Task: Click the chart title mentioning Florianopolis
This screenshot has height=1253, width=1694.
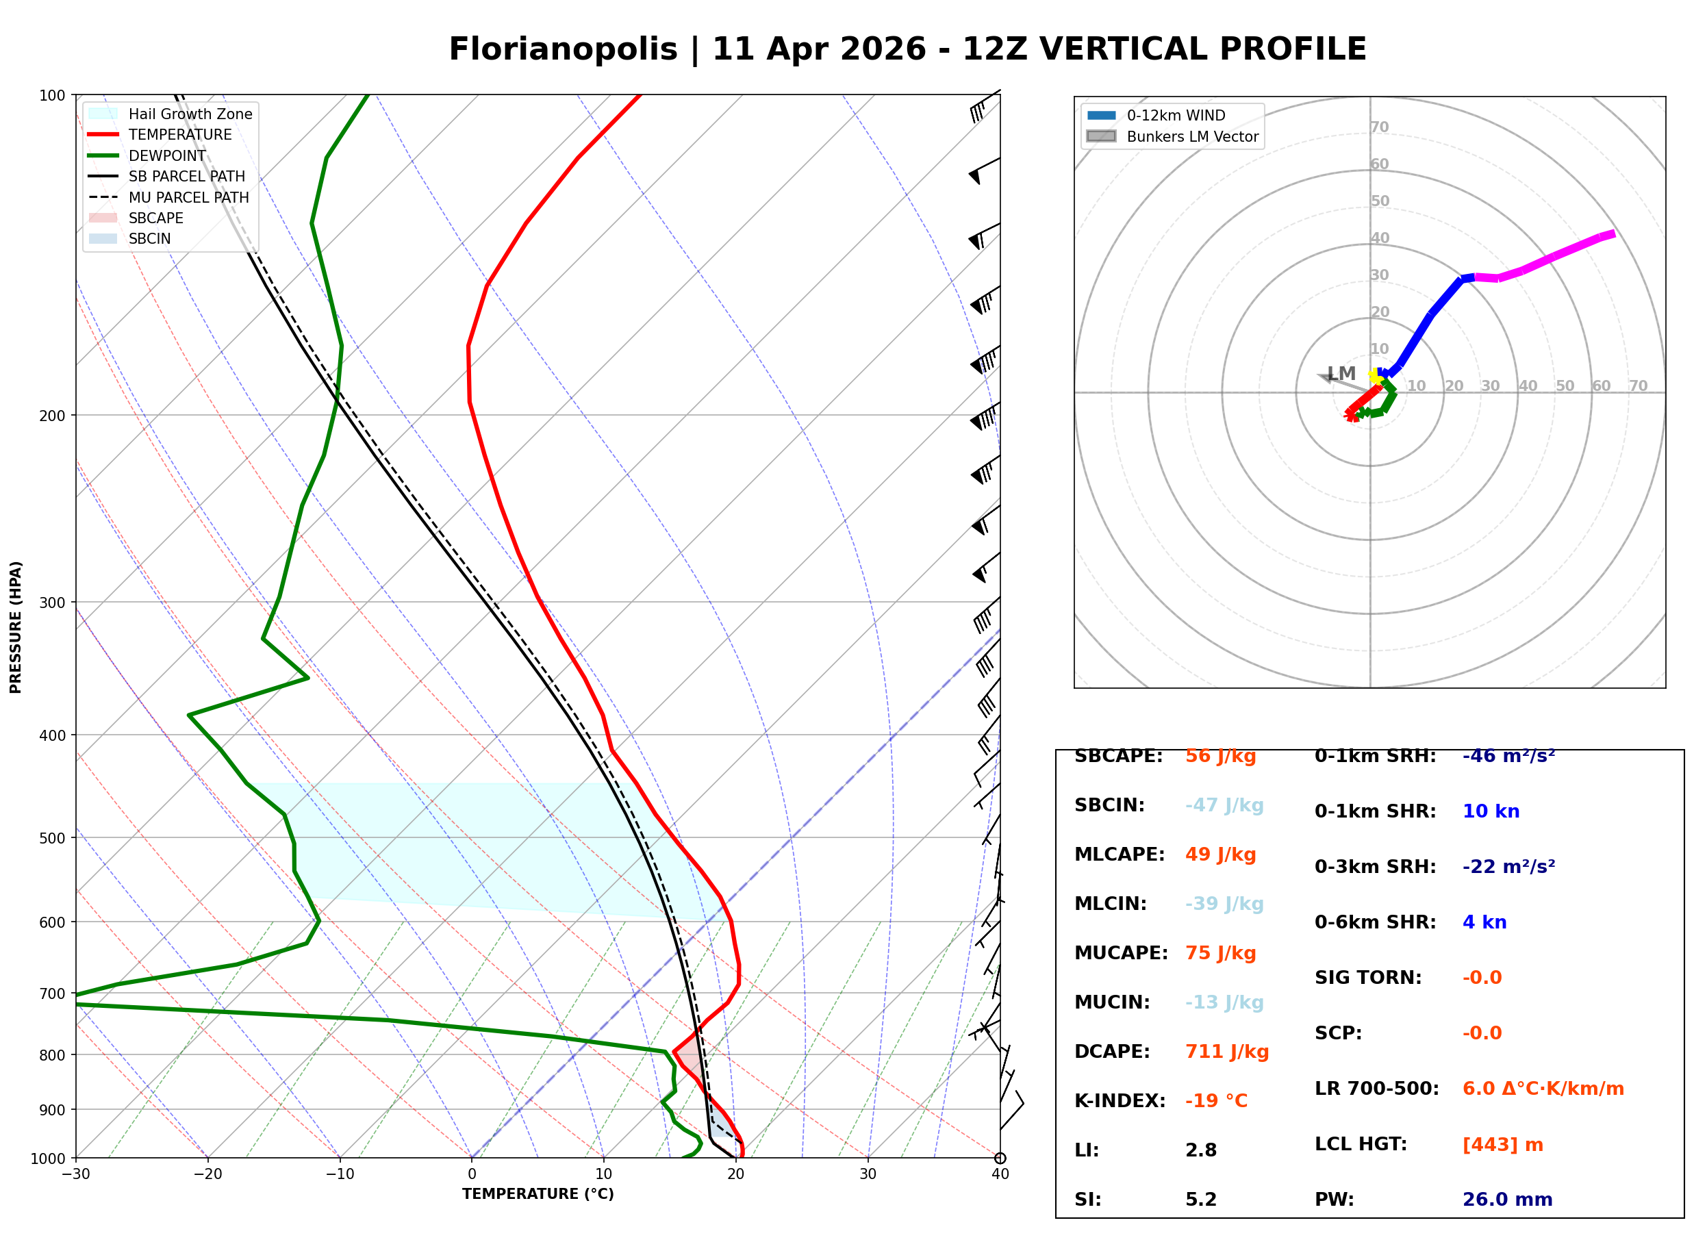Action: coord(907,49)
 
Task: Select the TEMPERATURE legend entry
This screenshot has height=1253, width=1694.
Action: coord(179,135)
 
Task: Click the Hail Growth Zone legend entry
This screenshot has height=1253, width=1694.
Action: coord(190,114)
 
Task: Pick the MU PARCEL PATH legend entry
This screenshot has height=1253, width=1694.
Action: coord(188,198)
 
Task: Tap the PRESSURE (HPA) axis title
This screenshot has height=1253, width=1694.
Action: coord(16,627)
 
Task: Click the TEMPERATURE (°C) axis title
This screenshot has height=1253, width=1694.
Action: coord(538,1195)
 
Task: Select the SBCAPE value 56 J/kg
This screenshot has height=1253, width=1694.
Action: coord(1220,756)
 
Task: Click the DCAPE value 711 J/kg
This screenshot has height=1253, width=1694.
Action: coord(1226,1052)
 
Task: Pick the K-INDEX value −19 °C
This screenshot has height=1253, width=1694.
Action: coord(1215,1101)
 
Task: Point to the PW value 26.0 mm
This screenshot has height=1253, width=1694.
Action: coord(1506,1200)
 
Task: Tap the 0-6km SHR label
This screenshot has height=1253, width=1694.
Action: coord(1375,923)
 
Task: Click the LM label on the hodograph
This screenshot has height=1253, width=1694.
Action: coord(1341,374)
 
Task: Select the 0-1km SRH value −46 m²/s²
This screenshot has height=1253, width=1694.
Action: coord(1508,756)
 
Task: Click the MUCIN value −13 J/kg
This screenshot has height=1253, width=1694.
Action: coord(1224,1002)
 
